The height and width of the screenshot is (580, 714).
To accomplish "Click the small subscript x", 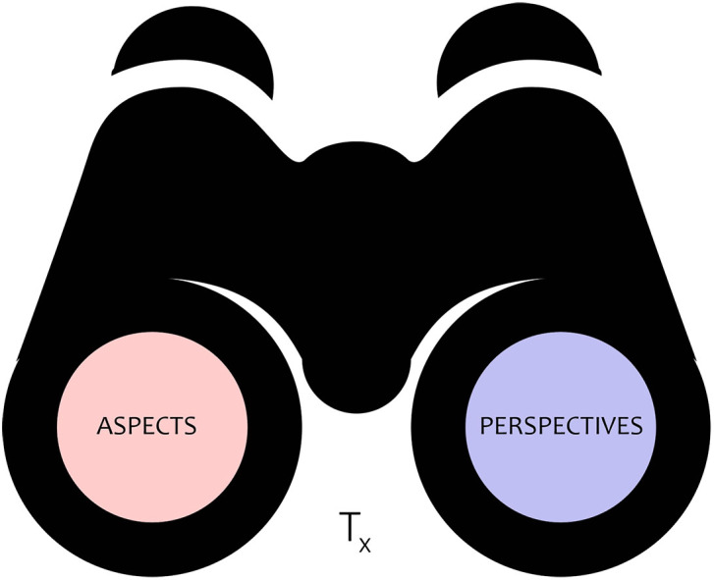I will (x=364, y=542).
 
